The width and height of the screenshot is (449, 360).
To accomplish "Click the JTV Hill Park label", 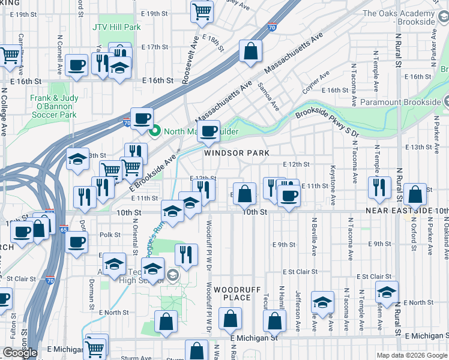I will point(116,27).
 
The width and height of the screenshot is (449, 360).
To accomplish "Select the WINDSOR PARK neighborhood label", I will point(236,153).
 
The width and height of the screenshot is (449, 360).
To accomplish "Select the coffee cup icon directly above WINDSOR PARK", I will point(208,131).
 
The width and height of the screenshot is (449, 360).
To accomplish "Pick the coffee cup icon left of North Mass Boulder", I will point(142,119).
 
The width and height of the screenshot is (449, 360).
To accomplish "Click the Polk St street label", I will point(110,235).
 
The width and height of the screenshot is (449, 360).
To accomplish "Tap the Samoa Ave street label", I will point(268,97).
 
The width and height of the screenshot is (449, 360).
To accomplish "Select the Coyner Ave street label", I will point(316,82).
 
